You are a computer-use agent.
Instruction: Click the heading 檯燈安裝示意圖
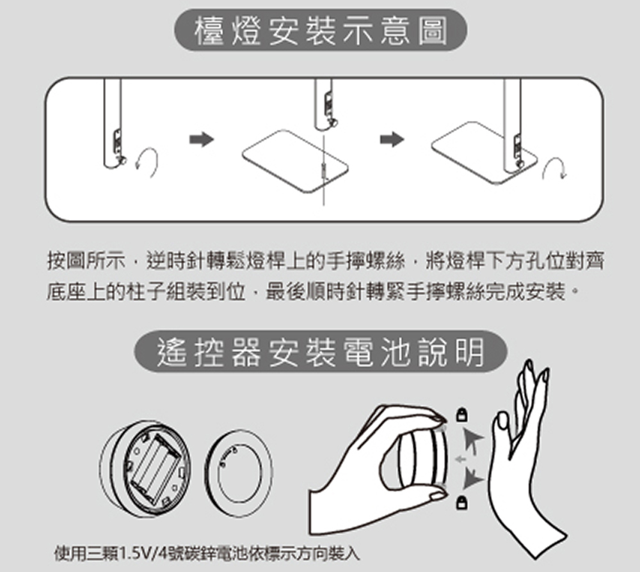pyautogui.click(x=321, y=30)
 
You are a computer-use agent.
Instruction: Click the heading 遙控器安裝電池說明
pyautogui.click(x=321, y=352)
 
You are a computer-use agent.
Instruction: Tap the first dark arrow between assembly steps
pyautogui.click(x=202, y=140)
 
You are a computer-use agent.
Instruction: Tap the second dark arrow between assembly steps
pyautogui.click(x=392, y=139)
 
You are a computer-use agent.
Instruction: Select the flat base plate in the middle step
pyautogui.click(x=295, y=161)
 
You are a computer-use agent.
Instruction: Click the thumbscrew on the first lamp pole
pyautogui.click(x=122, y=161)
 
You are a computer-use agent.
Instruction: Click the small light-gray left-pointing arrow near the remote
pyautogui.click(x=461, y=459)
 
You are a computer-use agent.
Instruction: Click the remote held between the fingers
pyautogui.click(x=422, y=459)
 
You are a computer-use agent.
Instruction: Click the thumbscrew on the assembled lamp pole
pyautogui.click(x=520, y=163)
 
